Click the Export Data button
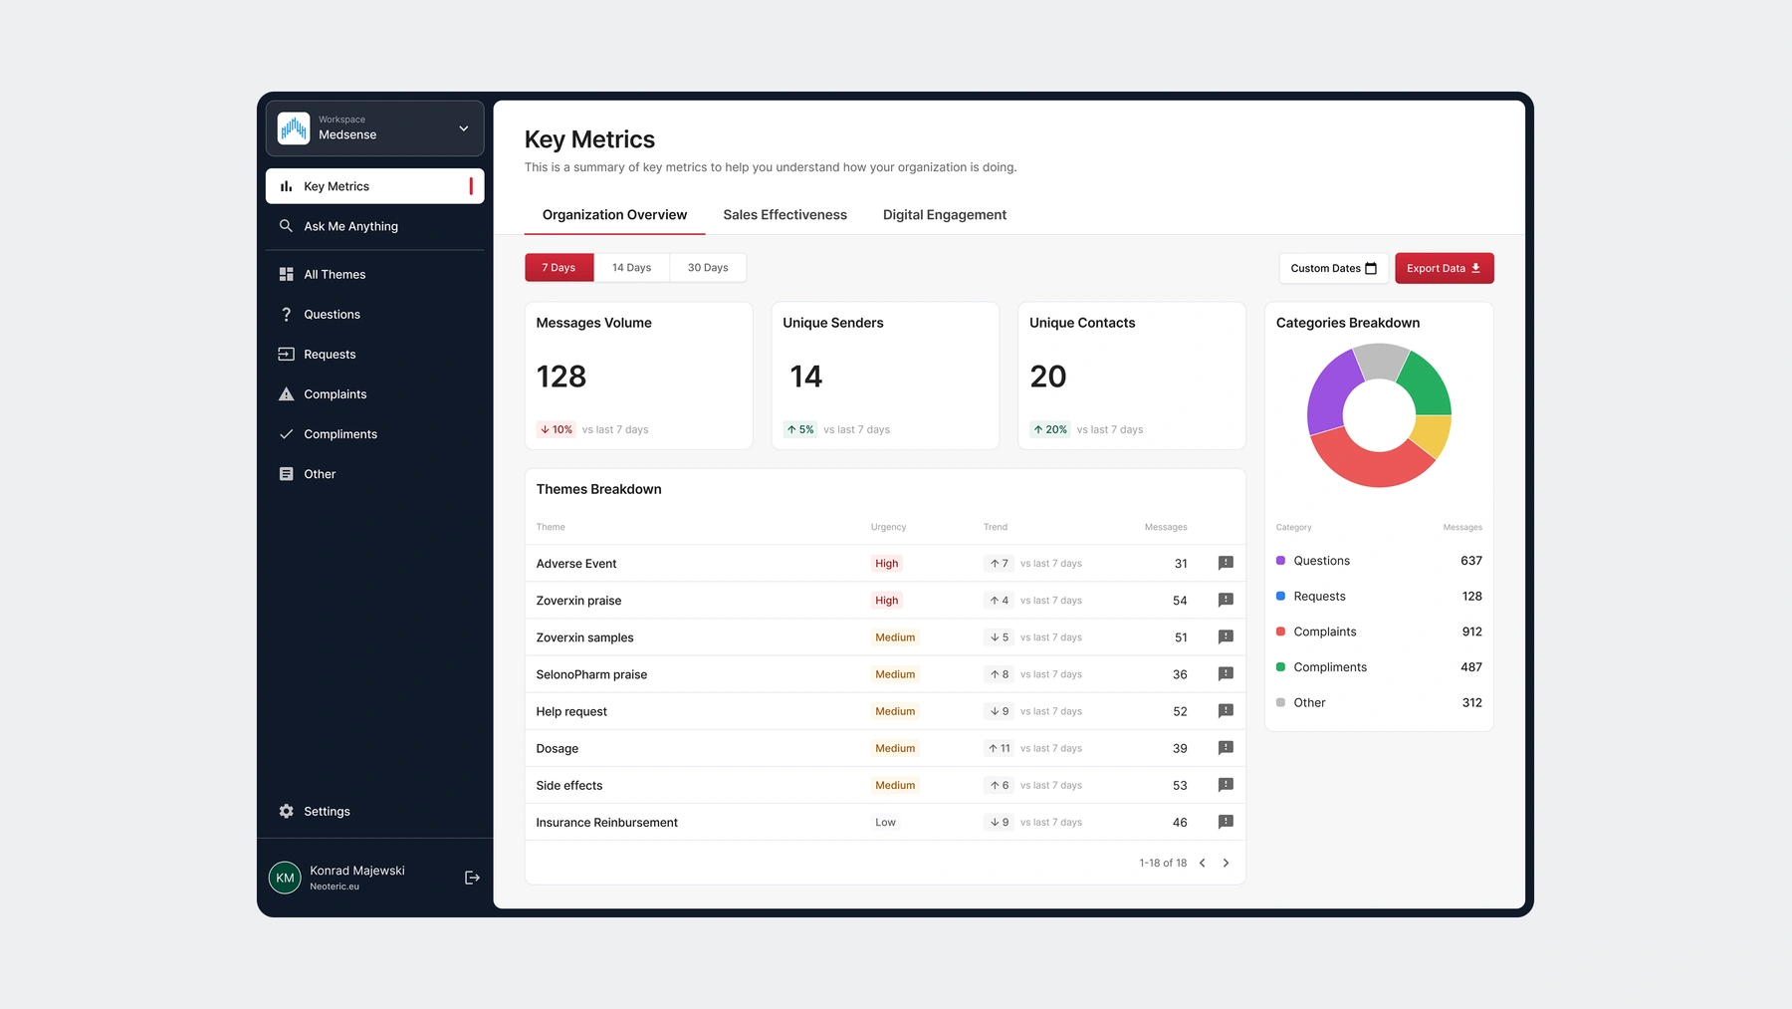tap(1444, 268)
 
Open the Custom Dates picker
tap(1333, 268)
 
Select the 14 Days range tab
tap(631, 268)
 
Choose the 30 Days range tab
tap(708, 268)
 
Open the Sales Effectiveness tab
tap(784, 215)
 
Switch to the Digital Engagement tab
tap(944, 215)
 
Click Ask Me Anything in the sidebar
tap(350, 226)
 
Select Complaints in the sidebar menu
tap(335, 394)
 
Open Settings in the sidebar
tap(327, 812)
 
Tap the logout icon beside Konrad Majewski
tap(472, 878)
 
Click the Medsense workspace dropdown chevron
tap(464, 128)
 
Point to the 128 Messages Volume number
tap(561, 377)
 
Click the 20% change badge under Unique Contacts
tap(1049, 430)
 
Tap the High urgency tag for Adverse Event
tap(886, 564)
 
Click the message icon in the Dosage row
tap(1226, 748)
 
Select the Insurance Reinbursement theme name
tap(606, 823)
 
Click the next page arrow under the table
tap(1226, 864)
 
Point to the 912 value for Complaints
tap(1471, 631)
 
